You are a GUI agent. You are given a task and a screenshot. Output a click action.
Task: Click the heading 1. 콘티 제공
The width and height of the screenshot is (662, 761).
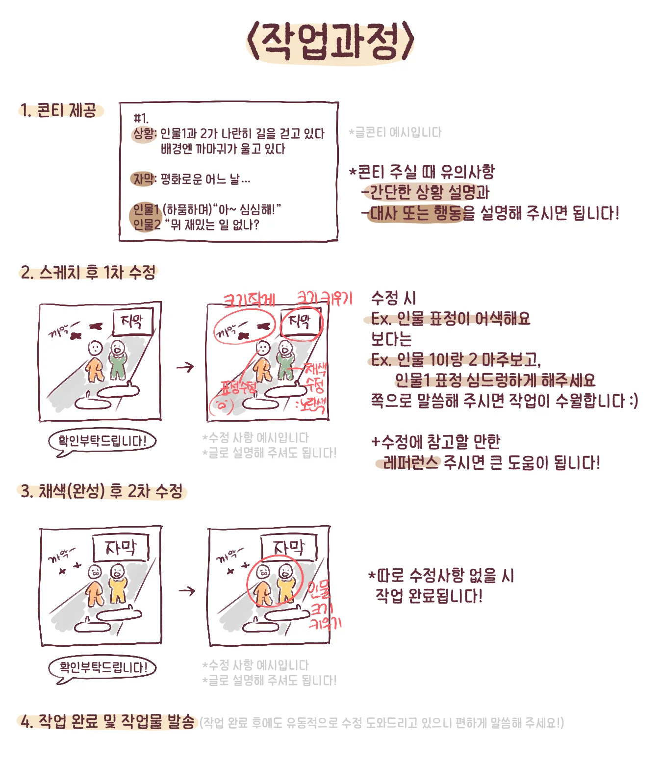[x=59, y=110]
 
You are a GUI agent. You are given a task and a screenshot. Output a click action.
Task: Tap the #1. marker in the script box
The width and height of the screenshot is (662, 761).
[x=141, y=118]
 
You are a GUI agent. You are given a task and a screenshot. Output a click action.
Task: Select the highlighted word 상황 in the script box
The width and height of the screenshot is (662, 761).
[x=144, y=133]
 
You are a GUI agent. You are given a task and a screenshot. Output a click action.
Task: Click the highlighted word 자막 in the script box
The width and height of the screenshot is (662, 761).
[x=144, y=179]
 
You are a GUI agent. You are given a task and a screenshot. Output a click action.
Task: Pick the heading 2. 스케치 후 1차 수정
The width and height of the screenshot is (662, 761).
[x=88, y=272]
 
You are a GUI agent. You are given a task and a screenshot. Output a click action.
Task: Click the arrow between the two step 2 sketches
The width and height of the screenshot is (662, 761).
[x=185, y=367]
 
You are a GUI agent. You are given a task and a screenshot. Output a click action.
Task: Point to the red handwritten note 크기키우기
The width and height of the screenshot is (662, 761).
[x=325, y=298]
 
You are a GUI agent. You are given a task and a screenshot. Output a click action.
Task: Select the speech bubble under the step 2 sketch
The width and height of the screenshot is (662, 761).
[x=102, y=441]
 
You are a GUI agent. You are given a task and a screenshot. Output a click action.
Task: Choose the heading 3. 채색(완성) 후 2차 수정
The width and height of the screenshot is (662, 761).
[x=102, y=491]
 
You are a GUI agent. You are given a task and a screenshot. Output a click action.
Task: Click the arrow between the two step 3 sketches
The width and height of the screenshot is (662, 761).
[x=187, y=591]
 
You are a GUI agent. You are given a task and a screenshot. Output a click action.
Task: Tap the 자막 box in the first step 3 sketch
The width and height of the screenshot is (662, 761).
[x=121, y=548]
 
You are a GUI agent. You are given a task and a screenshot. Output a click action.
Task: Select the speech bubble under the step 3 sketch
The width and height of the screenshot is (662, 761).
[x=102, y=667]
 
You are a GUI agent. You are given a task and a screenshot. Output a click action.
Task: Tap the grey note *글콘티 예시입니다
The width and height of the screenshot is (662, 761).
[x=395, y=132]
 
